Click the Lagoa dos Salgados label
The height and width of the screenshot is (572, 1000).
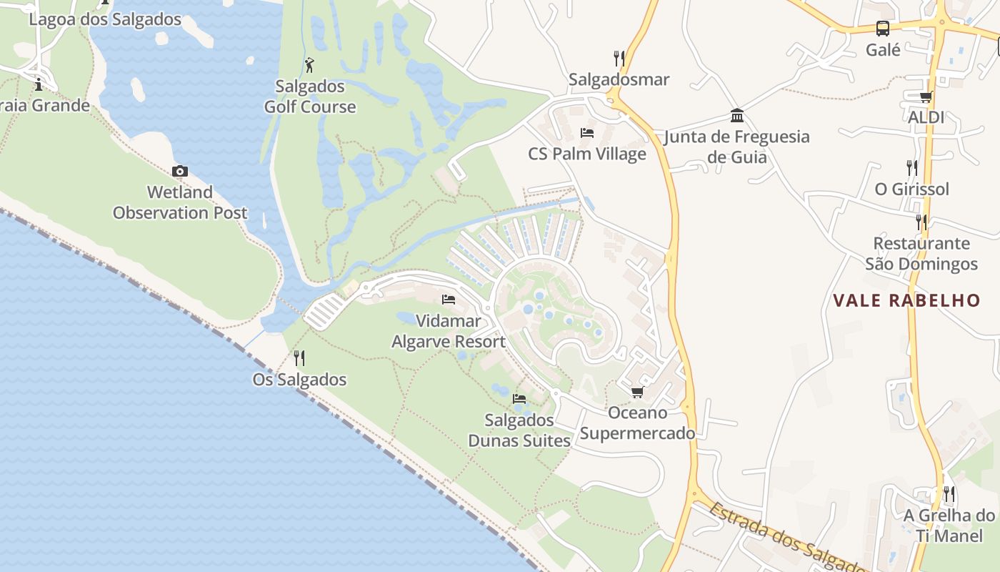[x=105, y=19]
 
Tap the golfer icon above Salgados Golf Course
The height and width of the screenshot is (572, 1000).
[x=309, y=65]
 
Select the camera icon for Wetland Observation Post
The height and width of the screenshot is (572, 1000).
[x=180, y=171]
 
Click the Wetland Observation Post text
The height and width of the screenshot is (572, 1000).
[x=180, y=202]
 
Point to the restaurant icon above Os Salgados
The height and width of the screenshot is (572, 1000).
[x=299, y=357]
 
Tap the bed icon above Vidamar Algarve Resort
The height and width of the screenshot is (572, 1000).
[x=449, y=299]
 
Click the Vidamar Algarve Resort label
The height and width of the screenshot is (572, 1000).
[x=449, y=332]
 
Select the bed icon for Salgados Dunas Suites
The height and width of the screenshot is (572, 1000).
[x=519, y=398]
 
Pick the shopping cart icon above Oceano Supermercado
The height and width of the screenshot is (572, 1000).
[x=637, y=392]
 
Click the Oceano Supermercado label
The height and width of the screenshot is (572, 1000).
[x=637, y=423]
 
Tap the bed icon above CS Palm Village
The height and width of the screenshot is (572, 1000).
[x=587, y=133]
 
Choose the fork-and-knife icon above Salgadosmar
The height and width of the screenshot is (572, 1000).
[x=619, y=58]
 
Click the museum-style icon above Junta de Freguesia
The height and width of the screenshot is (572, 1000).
[x=737, y=116]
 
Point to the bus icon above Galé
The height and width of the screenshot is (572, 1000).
[x=883, y=29]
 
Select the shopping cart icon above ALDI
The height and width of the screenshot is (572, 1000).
[x=926, y=97]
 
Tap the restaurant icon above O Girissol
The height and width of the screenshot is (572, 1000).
[x=912, y=168]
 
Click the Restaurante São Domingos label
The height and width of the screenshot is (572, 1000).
[x=921, y=254]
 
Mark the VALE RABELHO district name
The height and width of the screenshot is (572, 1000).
[x=906, y=300]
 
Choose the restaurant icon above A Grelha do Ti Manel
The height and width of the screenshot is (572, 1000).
[x=949, y=494]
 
